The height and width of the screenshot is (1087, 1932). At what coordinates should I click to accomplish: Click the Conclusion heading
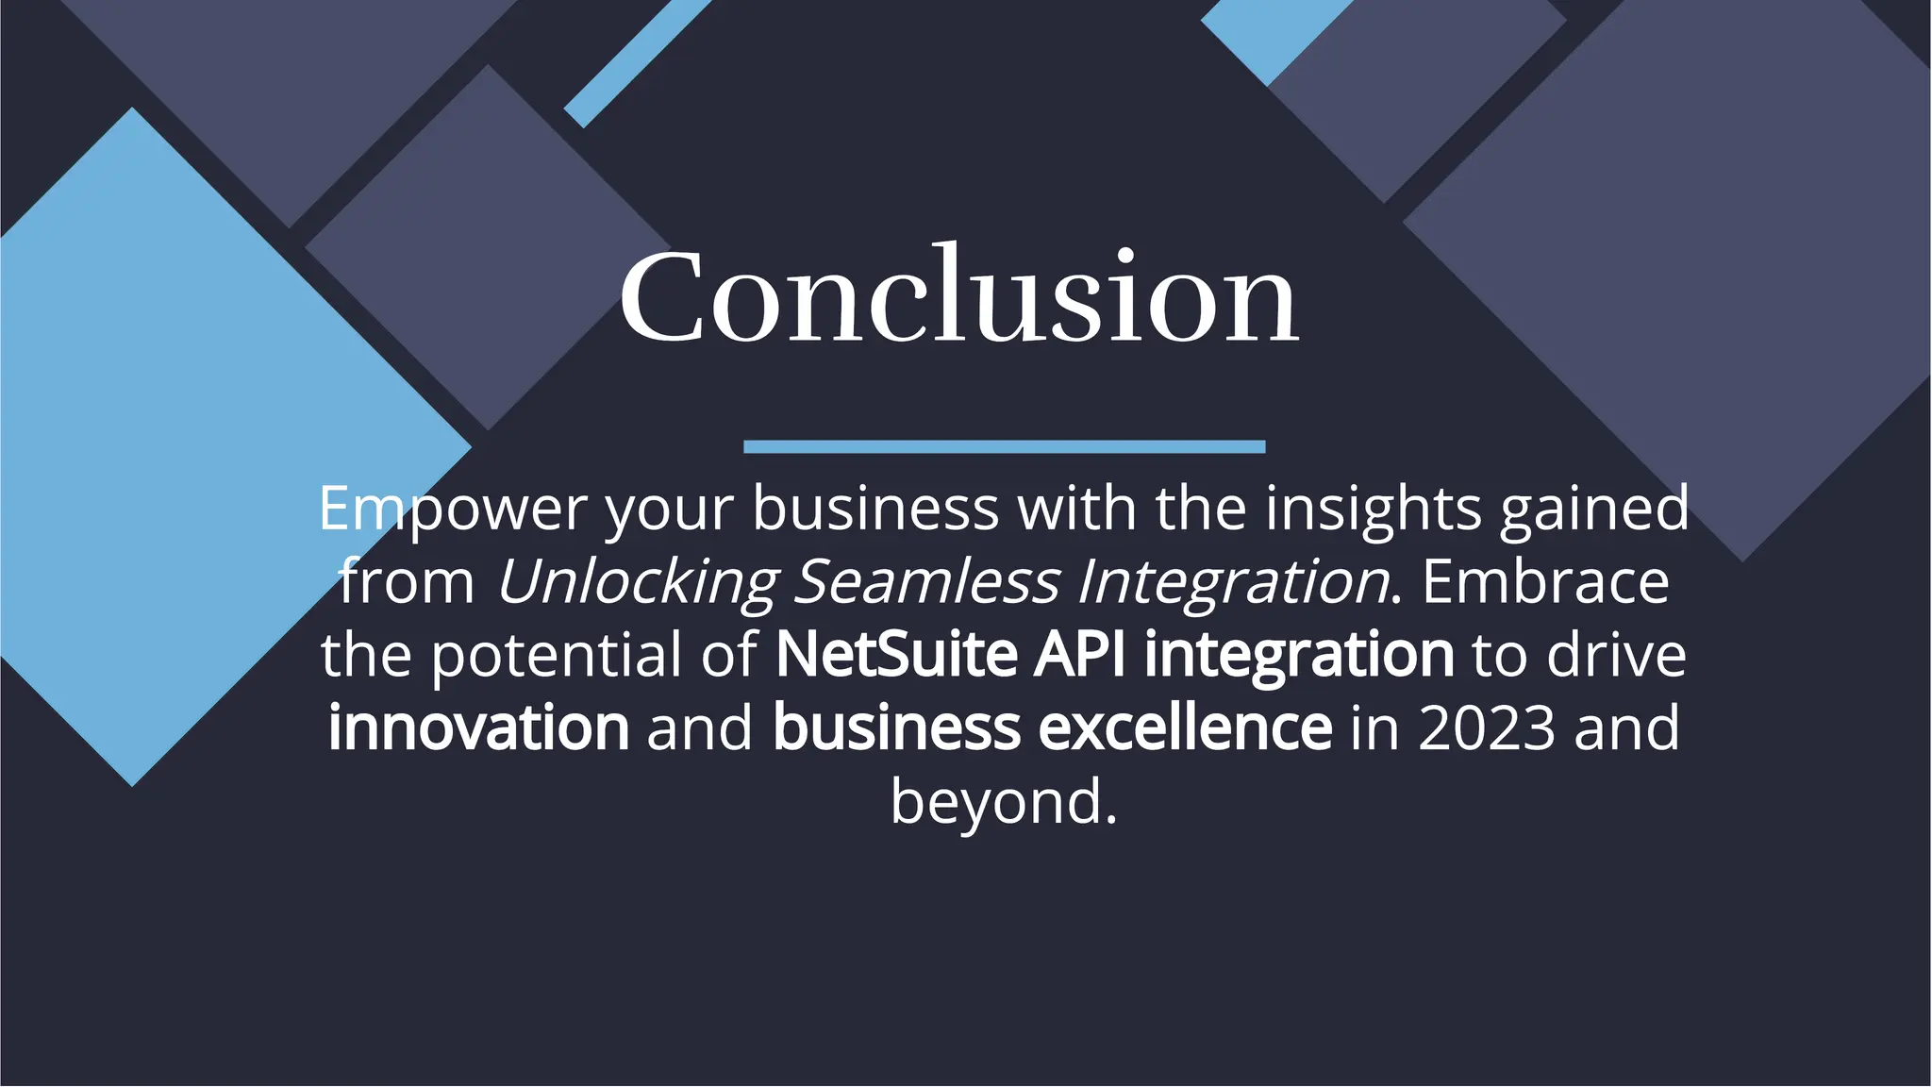[958, 296]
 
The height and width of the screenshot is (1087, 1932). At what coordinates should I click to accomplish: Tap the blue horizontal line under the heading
[1004, 446]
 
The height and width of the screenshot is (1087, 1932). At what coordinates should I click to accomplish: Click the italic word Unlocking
[637, 581]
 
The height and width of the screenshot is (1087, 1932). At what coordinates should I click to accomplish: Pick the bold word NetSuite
[896, 654]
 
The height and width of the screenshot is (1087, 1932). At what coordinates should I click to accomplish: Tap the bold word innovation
[478, 727]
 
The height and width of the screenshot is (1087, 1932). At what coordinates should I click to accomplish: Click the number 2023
[1486, 727]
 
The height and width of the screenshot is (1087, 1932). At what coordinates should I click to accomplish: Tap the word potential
[557, 654]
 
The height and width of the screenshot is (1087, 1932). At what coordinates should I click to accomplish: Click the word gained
[1594, 509]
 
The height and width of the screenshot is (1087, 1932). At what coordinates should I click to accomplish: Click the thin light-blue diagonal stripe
[637, 62]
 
